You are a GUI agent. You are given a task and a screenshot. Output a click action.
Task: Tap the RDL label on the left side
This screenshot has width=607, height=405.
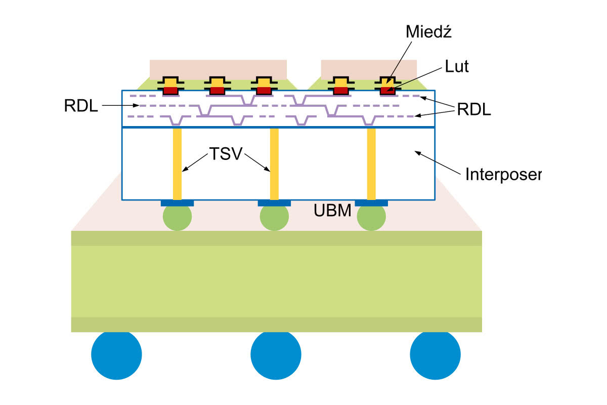click(x=81, y=106)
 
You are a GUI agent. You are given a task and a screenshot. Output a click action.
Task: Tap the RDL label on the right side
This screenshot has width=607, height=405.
click(x=473, y=110)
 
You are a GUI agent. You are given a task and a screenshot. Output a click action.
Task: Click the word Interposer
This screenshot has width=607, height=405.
click(x=503, y=175)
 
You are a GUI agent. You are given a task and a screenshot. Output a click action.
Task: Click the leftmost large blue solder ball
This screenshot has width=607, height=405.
click(x=116, y=354)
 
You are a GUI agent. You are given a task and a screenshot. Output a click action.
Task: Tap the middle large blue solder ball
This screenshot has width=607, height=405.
click(x=276, y=354)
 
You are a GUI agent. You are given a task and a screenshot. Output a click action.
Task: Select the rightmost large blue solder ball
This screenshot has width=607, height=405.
click(x=435, y=354)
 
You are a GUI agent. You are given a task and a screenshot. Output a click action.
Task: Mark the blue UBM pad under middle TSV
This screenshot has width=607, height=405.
click(x=274, y=203)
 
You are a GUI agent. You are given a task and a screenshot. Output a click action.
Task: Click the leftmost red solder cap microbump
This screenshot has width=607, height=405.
click(x=170, y=91)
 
